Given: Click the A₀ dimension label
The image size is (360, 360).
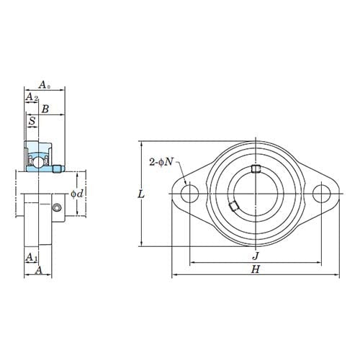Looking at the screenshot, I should [x=44, y=84].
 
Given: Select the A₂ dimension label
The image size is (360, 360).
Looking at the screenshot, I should [x=32, y=96].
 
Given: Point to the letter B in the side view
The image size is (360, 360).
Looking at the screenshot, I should [x=45, y=109].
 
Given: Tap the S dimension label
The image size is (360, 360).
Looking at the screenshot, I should [x=32, y=122].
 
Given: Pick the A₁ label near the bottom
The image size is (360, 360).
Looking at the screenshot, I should [x=32, y=257].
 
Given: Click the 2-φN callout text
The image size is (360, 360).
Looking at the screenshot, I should [x=161, y=161].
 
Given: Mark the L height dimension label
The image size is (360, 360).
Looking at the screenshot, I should [x=141, y=194].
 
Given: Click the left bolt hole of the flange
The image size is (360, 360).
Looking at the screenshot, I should [x=190, y=193].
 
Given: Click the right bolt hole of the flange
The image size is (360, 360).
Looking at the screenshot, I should [x=323, y=193].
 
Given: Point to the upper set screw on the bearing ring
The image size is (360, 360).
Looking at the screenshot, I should [x=256, y=170].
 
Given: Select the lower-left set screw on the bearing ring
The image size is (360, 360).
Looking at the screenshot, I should [x=233, y=207].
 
